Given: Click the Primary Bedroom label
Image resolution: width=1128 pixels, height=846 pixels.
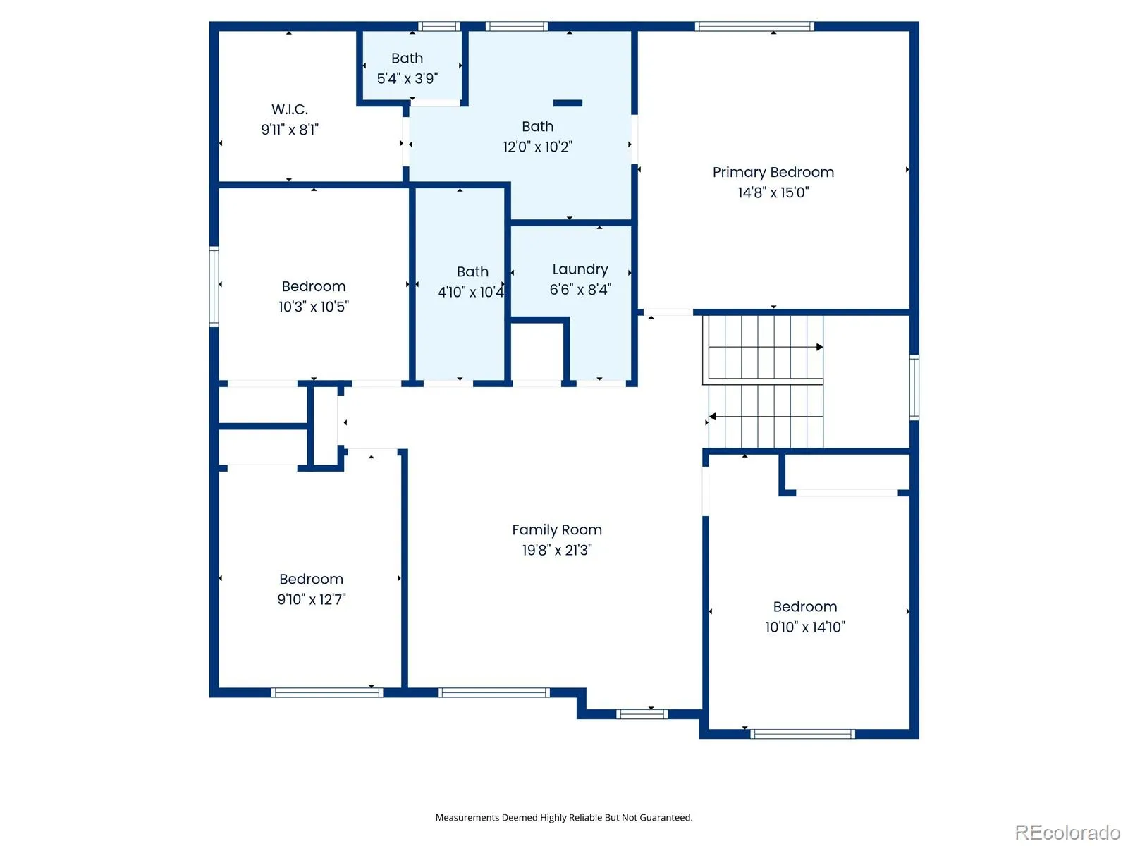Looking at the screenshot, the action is [x=773, y=172].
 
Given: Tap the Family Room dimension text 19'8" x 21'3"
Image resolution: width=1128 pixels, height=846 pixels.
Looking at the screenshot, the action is [x=557, y=550].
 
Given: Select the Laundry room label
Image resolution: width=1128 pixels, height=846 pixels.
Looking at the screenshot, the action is [x=580, y=270].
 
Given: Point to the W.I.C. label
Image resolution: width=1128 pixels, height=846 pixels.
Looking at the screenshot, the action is [x=290, y=109].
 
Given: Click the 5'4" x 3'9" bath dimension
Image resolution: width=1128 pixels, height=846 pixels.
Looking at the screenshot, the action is [x=407, y=78].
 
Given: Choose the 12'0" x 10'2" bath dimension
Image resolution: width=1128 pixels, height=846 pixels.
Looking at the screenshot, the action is [x=537, y=147].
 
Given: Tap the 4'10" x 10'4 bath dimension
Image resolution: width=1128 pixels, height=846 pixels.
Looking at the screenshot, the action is [x=471, y=293].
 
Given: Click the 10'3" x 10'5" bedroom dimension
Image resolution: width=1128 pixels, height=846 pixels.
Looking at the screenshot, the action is [x=314, y=307].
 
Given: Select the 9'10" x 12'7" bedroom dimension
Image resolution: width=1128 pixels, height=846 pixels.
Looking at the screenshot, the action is [x=312, y=599].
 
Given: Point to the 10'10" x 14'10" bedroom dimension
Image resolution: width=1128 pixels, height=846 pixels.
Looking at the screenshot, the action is [x=805, y=627].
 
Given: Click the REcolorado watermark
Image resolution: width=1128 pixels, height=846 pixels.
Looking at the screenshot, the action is [x=1067, y=832].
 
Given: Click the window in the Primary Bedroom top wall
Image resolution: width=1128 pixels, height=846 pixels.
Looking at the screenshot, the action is [x=754, y=26].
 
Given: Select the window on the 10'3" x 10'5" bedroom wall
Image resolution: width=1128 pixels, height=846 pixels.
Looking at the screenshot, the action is [x=214, y=286].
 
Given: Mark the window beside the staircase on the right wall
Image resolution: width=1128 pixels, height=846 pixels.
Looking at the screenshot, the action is [x=914, y=387].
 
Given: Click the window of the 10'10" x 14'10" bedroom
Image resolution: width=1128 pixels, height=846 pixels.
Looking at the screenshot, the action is [x=802, y=733].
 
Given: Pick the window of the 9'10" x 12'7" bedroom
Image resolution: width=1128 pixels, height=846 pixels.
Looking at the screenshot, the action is [x=327, y=692].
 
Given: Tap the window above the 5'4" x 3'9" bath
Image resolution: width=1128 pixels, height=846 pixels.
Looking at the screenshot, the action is [x=439, y=26].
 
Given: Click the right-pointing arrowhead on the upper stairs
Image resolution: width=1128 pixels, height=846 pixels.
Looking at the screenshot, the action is [x=820, y=348].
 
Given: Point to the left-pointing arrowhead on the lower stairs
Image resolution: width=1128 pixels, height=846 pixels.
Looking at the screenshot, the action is [x=712, y=416].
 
